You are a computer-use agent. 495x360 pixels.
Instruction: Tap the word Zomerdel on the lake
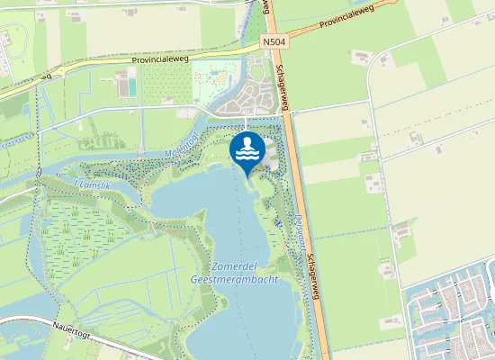(x=238, y=267)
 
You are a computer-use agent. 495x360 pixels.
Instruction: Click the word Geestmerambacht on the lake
(x=234, y=280)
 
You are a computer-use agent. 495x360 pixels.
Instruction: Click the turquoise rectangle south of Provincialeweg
(x=132, y=86)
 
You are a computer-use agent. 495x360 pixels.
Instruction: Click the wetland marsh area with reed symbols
(x=81, y=225)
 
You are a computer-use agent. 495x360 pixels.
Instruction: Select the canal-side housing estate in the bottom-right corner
(x=450, y=315)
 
